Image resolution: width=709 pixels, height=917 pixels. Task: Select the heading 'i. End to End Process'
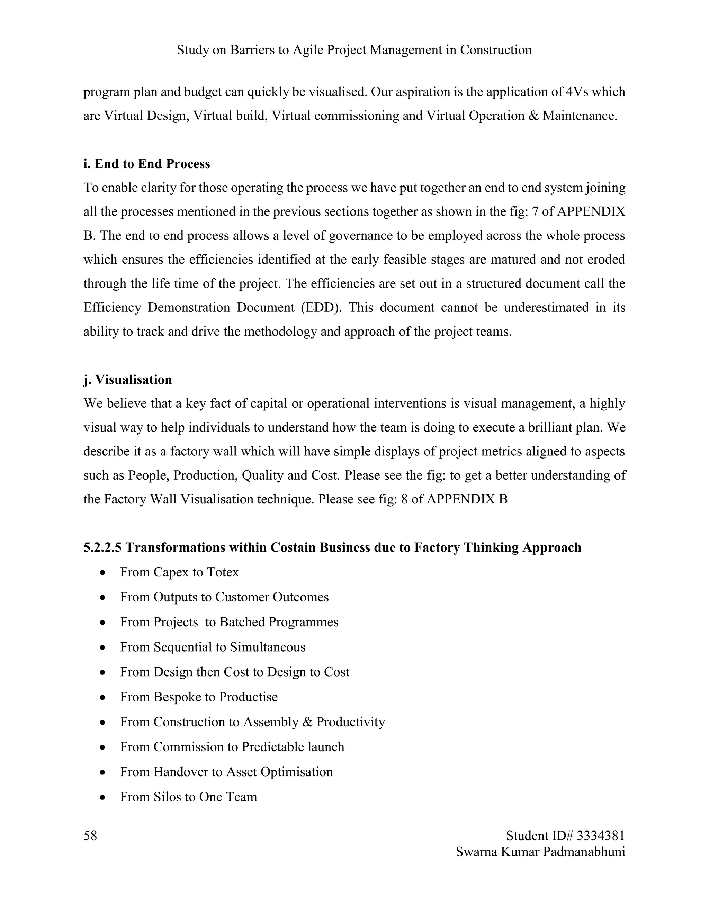point(146,164)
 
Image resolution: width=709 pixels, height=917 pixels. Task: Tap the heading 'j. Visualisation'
point(128,380)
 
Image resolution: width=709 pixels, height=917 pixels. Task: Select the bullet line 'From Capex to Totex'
point(179,572)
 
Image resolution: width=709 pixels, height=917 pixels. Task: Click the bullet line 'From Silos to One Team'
point(188,797)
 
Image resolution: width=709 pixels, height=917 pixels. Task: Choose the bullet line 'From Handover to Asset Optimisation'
point(226,772)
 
